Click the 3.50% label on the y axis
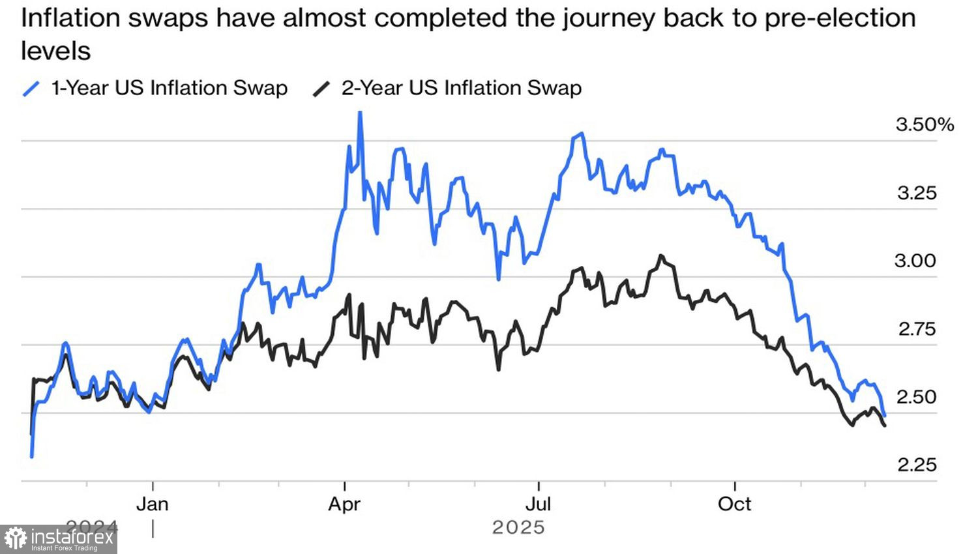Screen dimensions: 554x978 pyautogui.click(x=924, y=124)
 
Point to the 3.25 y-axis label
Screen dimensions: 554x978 pyautogui.click(x=917, y=193)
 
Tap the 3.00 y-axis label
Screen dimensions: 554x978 pyautogui.click(x=915, y=261)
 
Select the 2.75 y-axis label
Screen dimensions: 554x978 pyautogui.click(x=917, y=329)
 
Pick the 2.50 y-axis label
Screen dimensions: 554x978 pyautogui.click(x=917, y=397)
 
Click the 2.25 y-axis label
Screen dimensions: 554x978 pyautogui.click(x=917, y=465)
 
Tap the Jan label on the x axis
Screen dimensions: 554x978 pyautogui.click(x=153, y=504)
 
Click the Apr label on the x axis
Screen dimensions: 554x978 pyautogui.click(x=344, y=504)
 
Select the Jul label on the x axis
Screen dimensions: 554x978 pyautogui.click(x=539, y=504)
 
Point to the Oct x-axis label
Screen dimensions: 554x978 pyautogui.click(x=735, y=504)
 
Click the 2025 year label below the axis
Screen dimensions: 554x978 pyautogui.click(x=518, y=527)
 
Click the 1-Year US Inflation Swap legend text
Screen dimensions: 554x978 pyautogui.click(x=170, y=88)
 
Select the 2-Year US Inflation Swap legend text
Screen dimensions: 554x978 pyautogui.click(x=462, y=88)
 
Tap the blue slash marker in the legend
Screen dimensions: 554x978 pyautogui.click(x=31, y=89)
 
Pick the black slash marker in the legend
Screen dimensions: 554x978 pyautogui.click(x=321, y=89)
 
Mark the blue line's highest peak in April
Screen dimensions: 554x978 pyautogui.click(x=360, y=113)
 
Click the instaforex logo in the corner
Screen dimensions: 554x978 pyautogui.click(x=59, y=539)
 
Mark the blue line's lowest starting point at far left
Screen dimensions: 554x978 pyautogui.click(x=32, y=456)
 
